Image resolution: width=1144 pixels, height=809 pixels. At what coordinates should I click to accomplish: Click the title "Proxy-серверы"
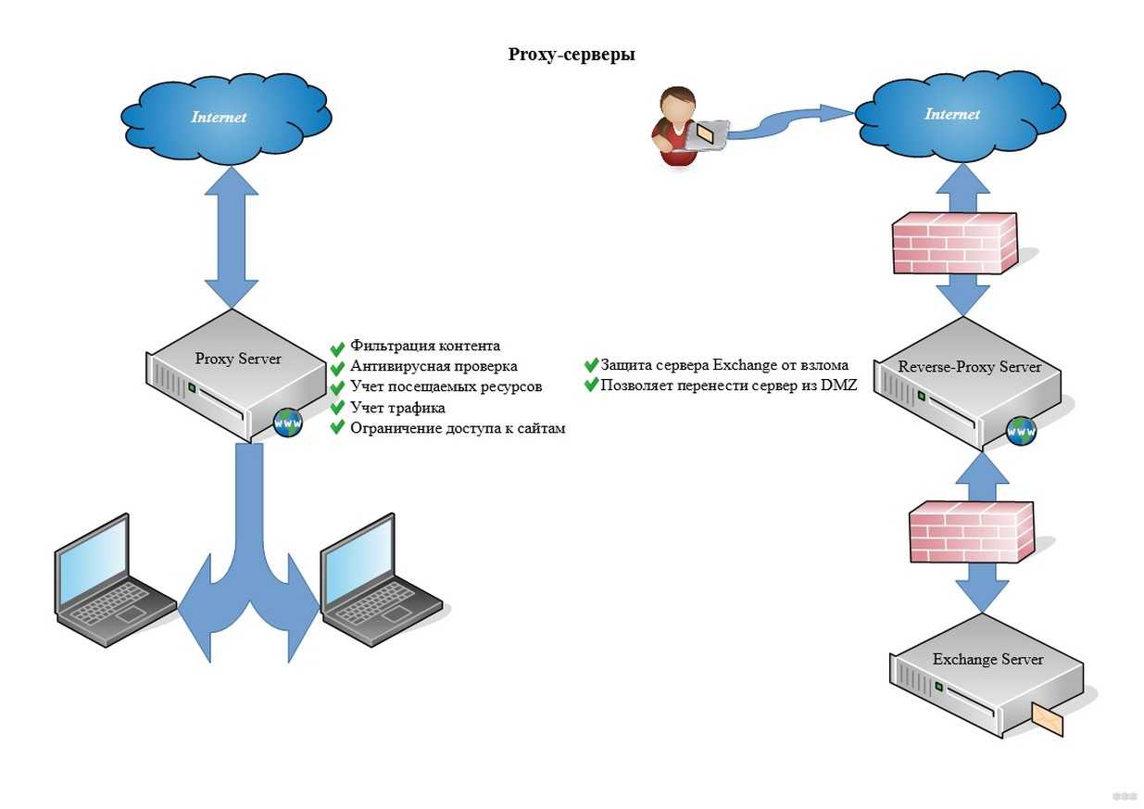click(572, 55)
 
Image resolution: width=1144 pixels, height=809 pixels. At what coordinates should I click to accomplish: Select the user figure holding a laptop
click(680, 127)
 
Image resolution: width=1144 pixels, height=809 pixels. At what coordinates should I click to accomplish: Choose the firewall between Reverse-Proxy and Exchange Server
click(969, 530)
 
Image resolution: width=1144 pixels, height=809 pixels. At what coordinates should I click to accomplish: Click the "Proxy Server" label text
click(238, 359)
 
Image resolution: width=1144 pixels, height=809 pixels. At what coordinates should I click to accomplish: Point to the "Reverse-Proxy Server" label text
click(970, 367)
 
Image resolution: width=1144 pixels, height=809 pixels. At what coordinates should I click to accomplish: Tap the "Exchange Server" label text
click(987, 660)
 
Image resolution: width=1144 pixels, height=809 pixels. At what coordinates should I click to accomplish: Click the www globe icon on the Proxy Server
click(287, 423)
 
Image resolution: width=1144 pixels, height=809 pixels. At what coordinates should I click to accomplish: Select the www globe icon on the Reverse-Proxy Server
click(1022, 430)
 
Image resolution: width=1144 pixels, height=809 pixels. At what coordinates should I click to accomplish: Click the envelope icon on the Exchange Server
click(1047, 719)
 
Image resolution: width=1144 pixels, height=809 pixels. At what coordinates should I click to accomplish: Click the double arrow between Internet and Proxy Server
click(231, 240)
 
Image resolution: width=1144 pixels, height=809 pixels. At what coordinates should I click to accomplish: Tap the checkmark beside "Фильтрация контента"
click(337, 347)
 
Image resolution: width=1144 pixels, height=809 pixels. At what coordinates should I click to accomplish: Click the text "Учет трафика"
click(397, 408)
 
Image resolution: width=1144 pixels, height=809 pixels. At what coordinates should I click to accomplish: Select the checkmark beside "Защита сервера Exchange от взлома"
click(590, 365)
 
